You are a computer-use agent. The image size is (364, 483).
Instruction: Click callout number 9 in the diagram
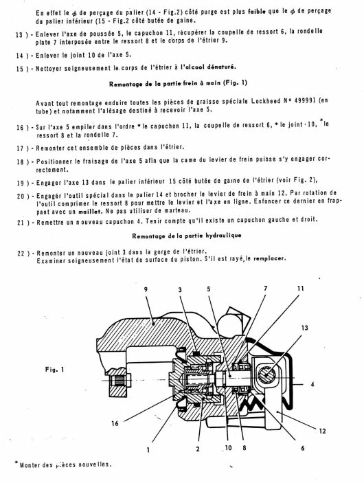point(146,289)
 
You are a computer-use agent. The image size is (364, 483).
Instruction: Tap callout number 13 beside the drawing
point(304,328)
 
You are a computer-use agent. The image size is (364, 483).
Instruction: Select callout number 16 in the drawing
point(115,423)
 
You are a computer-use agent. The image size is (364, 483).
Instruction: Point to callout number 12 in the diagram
point(322,431)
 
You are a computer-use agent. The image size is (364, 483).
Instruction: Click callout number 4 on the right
point(312,385)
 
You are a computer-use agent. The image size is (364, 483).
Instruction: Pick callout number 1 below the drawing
point(148,450)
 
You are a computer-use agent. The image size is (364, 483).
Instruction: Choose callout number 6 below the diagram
point(303,448)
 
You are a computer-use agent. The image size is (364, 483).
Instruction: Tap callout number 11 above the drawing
point(301,289)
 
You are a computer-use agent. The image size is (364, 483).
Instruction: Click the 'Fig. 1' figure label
point(54,370)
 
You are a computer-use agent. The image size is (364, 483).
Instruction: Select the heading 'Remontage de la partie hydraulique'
point(187,236)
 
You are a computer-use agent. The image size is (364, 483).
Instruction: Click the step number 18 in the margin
point(20,161)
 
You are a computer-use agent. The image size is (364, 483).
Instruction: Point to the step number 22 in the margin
point(21,254)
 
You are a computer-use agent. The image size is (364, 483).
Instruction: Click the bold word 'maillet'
point(91,212)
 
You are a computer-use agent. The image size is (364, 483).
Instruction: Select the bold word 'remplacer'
point(270,259)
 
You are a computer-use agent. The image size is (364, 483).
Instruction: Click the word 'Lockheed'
point(266,101)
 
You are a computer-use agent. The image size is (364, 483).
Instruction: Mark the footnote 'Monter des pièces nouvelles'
point(65,464)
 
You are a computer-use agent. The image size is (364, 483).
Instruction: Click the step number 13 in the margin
point(19,35)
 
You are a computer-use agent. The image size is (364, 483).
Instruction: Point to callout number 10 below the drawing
point(228,447)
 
